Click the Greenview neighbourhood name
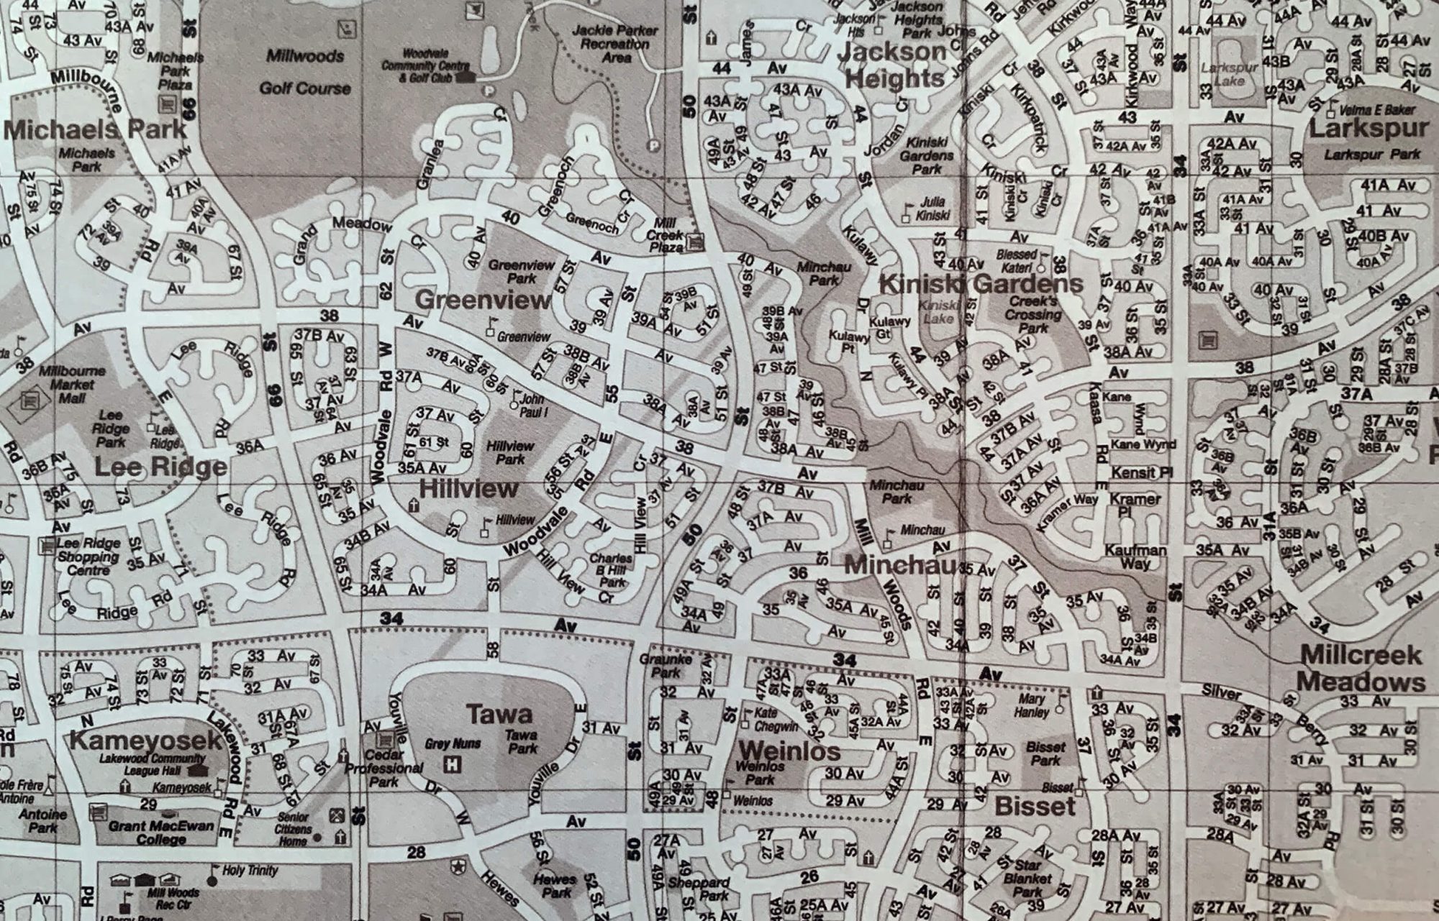coord(483,300)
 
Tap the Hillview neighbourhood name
coord(468,490)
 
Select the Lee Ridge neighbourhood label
coord(160,467)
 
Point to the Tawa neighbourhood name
coord(499,714)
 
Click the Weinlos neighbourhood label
coord(790,751)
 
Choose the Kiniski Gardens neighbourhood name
coord(981,284)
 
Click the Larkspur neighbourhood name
coord(1368,129)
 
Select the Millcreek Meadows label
coord(1361,669)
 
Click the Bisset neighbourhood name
coord(1034,807)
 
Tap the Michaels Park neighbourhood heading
coord(94,130)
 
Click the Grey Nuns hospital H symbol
coord(453,764)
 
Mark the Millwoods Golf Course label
coord(305,72)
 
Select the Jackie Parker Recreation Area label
coord(615,44)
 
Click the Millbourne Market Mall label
coord(72,384)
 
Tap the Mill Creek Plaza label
coord(665,235)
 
